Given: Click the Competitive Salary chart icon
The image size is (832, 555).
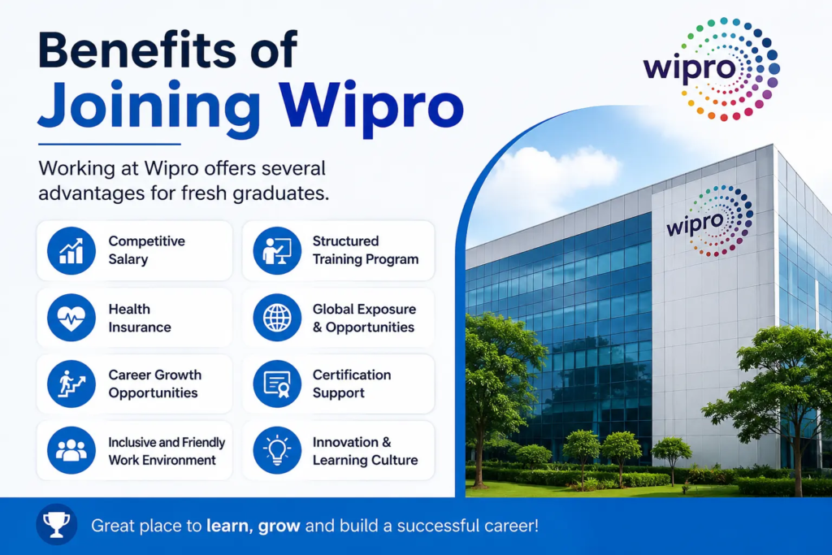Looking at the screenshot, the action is pyautogui.click(x=71, y=251).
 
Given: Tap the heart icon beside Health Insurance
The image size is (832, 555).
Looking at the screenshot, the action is pyautogui.click(x=71, y=318).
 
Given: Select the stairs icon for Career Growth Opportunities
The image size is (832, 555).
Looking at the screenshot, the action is pyautogui.click(x=71, y=384).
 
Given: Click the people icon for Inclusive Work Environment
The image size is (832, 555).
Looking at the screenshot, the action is pyautogui.click(x=71, y=450).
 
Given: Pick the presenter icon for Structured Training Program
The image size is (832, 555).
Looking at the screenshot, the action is pyautogui.click(x=277, y=251).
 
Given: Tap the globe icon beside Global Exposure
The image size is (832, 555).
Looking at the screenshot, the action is pyautogui.click(x=277, y=318).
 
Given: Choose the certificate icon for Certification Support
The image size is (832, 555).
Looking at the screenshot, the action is pyautogui.click(x=277, y=384).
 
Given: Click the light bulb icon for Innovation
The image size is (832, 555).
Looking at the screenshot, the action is pyautogui.click(x=277, y=450).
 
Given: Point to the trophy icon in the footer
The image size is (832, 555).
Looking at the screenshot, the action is pyautogui.click(x=56, y=525).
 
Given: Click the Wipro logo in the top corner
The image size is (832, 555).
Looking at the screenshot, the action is pyautogui.click(x=711, y=69).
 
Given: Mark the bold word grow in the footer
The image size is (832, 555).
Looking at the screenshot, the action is pyautogui.click(x=279, y=527).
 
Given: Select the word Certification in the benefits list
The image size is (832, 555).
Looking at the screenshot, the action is pyautogui.click(x=352, y=375).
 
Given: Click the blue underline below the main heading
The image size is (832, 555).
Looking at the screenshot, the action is pyautogui.click(x=110, y=144).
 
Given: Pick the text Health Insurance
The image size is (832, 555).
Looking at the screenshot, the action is pyautogui.click(x=140, y=318).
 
